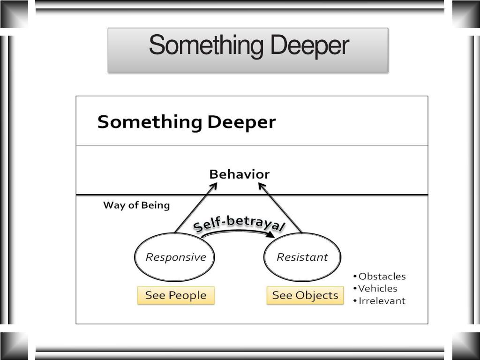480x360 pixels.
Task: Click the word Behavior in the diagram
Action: pyautogui.click(x=239, y=174)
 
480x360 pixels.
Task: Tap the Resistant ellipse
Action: pyautogui.click(x=302, y=257)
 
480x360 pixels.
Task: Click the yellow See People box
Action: pyautogui.click(x=176, y=295)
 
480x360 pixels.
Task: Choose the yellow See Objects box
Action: pyautogui.click(x=305, y=295)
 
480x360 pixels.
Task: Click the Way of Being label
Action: pyautogui.click(x=136, y=205)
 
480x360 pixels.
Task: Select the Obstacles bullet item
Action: pyautogui.click(x=382, y=277)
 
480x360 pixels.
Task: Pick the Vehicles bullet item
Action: pyautogui.click(x=377, y=289)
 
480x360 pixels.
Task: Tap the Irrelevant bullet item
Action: pyautogui.click(x=382, y=301)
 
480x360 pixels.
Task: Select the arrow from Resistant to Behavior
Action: pyautogui.click(x=281, y=208)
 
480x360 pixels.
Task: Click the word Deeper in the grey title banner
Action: pyautogui.click(x=309, y=46)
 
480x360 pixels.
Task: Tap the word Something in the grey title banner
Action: pyautogui.click(x=206, y=46)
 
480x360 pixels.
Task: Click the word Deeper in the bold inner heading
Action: pyautogui.click(x=241, y=122)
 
